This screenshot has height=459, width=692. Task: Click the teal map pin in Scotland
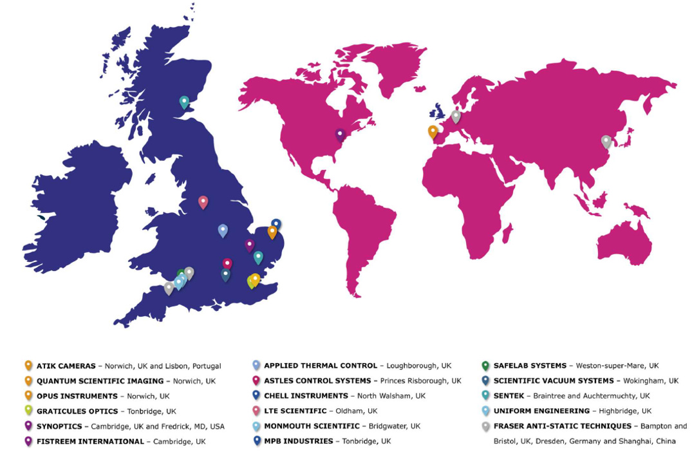(184, 102)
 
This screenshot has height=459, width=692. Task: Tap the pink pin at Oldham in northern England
(203, 201)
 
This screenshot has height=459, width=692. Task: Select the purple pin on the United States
(341, 135)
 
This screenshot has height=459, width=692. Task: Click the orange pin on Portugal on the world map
(433, 131)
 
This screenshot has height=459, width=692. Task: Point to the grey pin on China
(606, 141)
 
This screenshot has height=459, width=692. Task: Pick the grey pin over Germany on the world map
(456, 116)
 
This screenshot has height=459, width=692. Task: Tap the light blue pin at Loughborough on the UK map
(223, 230)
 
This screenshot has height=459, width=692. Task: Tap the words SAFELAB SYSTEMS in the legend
(530, 366)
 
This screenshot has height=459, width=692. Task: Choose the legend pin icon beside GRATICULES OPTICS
(28, 411)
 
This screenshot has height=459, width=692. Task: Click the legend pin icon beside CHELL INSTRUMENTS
(257, 395)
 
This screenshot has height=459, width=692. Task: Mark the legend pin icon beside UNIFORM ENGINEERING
(485, 411)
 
